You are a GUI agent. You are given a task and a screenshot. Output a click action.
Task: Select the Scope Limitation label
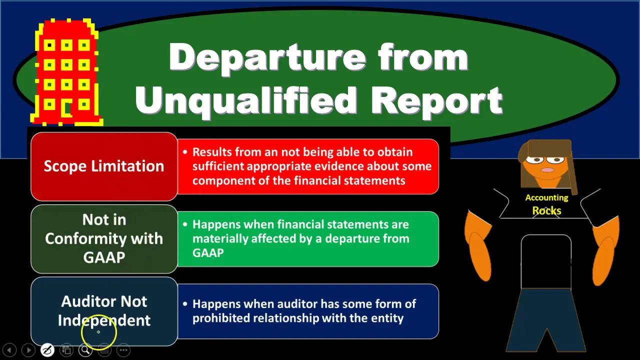point(104,166)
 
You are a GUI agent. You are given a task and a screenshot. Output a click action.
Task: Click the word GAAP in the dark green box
point(104,257)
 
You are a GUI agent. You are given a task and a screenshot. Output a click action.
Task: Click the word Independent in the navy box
point(104,320)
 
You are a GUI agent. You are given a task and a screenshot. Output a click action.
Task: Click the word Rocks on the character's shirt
point(546,211)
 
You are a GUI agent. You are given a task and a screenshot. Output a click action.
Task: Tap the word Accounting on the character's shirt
point(546,198)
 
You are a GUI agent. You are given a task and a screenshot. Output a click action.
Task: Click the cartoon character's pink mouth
point(547,170)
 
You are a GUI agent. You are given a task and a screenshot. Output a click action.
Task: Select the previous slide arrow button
point(9,350)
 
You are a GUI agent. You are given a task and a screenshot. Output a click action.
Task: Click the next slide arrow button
point(28,350)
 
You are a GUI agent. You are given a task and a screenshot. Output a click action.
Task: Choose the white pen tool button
point(47,350)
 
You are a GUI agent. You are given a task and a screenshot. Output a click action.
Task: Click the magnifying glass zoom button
point(85,350)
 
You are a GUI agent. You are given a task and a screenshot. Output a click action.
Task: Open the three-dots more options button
point(123,350)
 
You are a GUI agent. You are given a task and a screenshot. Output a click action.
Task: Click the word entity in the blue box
point(386,318)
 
